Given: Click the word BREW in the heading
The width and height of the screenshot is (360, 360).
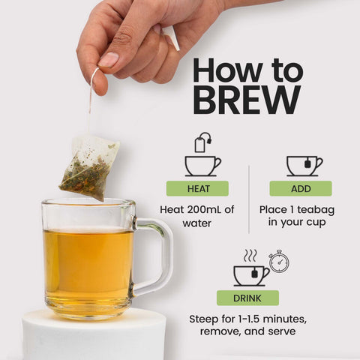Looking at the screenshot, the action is point(247,100).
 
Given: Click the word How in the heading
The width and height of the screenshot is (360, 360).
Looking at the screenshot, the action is point(227,70).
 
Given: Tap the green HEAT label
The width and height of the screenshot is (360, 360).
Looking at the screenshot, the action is point(197,188).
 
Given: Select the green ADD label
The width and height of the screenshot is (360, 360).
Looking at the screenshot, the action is point(301,188).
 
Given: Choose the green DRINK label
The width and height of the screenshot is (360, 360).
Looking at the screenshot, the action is point(247,298).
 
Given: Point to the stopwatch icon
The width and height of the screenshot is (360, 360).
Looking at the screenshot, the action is point(279,261).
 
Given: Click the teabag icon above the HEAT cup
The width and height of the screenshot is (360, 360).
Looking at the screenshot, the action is point(203,142).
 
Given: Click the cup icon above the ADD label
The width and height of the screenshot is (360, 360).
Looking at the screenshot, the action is point(304,166).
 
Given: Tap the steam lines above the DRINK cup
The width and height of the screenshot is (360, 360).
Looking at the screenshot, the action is point(250,255).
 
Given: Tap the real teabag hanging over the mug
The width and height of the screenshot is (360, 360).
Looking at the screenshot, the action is point(89,167).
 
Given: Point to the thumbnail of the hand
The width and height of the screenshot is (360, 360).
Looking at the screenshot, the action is point(109,60).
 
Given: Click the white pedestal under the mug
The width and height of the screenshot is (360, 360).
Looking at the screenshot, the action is point(94,335).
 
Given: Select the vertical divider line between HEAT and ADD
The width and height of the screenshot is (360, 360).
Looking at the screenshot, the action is point(249,199).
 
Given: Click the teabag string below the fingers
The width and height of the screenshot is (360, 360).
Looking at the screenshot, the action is point(91,100).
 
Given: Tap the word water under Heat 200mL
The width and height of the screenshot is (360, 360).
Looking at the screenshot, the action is point(197,223).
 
